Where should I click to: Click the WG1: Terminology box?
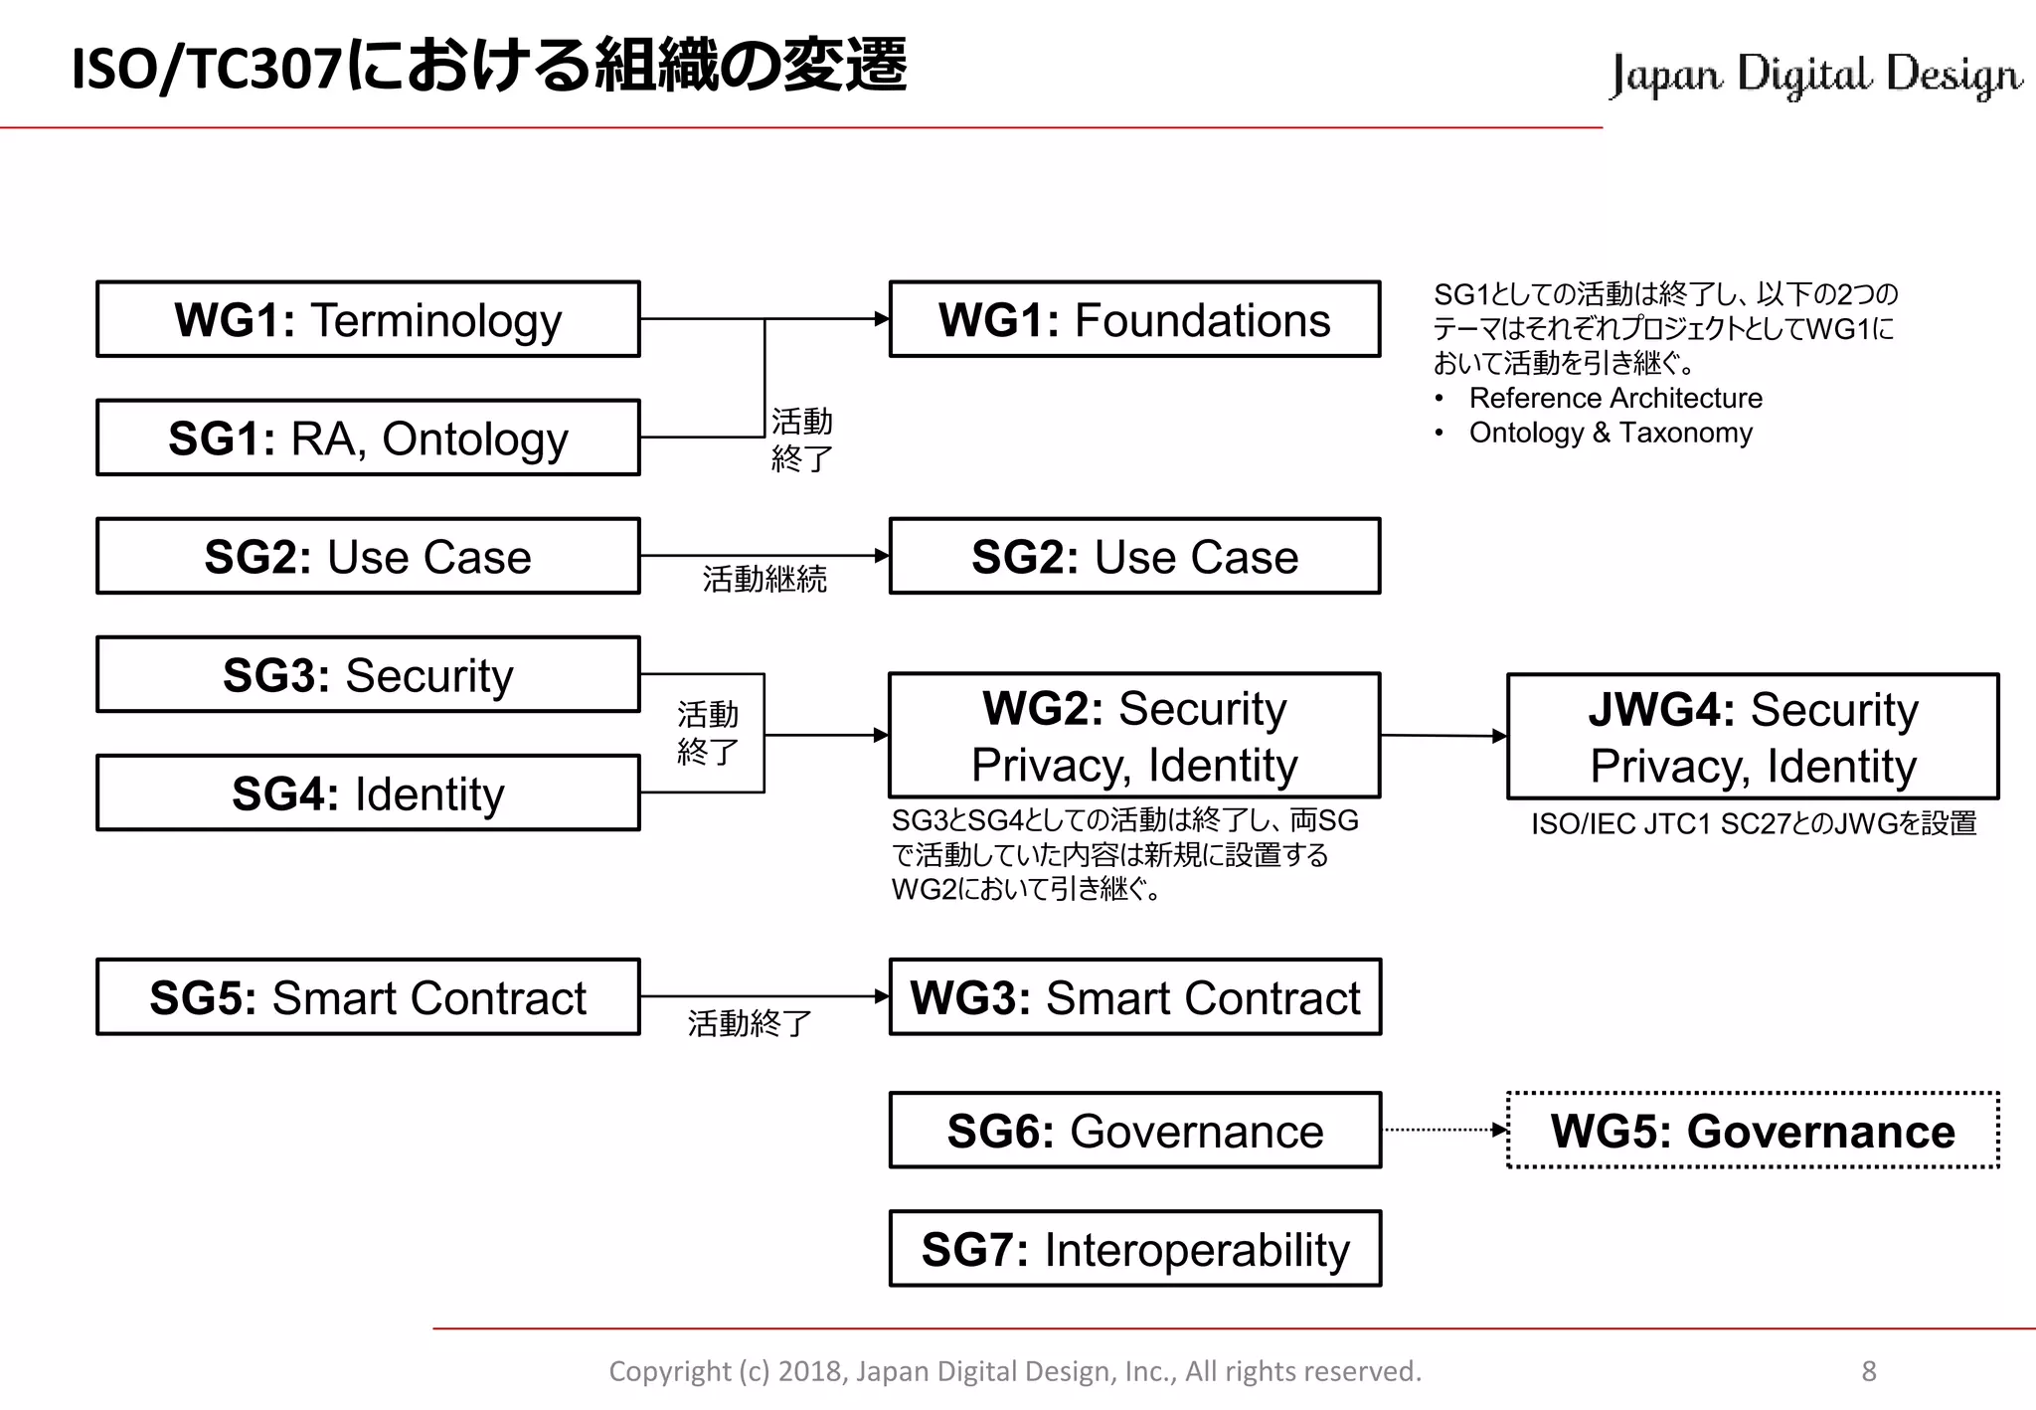[368, 319]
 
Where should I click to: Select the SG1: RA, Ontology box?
[368, 438]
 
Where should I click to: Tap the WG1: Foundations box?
[1134, 319]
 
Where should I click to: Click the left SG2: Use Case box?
[368, 556]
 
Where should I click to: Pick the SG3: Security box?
[368, 674]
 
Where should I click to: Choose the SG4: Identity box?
[368, 793]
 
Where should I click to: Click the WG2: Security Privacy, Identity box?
[1134, 736]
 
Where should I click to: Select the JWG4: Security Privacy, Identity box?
[1753, 737]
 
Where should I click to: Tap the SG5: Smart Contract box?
[368, 996]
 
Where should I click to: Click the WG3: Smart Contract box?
[1134, 996]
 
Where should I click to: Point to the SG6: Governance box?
[1134, 1131]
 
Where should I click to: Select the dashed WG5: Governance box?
[1753, 1131]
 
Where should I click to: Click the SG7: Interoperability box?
[1134, 1249]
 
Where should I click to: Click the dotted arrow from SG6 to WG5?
[1443, 1130]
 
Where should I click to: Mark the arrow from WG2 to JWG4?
[1443, 736]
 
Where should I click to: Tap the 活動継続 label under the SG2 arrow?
[763, 579]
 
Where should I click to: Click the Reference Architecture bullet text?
[1615, 398]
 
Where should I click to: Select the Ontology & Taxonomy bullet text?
[1611, 433]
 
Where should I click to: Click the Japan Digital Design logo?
[1815, 75]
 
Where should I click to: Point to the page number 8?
[1868, 1371]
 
